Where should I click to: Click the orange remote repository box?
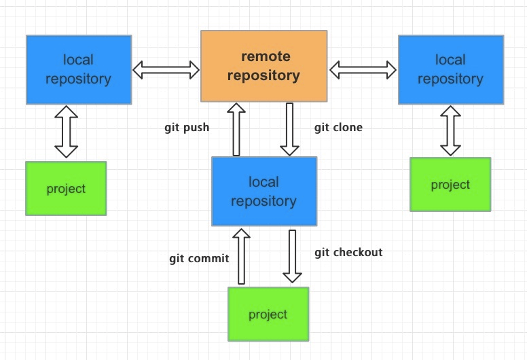point(263,66)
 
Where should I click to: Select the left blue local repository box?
point(79,69)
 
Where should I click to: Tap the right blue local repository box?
point(451,69)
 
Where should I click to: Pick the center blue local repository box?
point(264,192)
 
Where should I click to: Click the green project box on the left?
point(66,189)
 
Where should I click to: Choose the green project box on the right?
point(450,184)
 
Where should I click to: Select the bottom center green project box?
point(268,314)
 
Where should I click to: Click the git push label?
point(187,128)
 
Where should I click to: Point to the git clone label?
point(338,128)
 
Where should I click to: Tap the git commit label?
point(199,259)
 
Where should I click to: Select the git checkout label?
point(348,253)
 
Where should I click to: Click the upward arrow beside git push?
point(236,130)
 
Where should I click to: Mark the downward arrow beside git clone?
point(290,130)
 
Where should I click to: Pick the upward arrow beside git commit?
point(241,257)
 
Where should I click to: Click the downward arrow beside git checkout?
point(293,257)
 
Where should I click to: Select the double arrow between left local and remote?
point(166,70)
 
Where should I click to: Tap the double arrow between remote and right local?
point(363,70)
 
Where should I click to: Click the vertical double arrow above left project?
point(66,132)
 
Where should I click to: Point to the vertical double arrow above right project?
point(450,131)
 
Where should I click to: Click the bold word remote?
point(266,56)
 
